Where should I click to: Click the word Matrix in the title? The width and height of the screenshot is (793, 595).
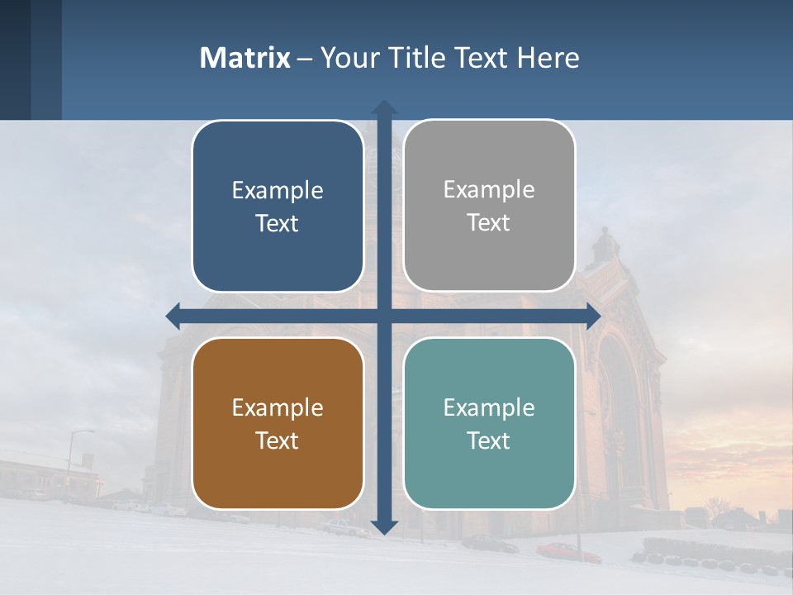(245, 58)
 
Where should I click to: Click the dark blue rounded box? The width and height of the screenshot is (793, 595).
(278, 206)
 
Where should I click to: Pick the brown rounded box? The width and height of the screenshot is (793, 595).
(278, 423)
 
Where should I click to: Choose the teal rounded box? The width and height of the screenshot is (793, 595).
(489, 423)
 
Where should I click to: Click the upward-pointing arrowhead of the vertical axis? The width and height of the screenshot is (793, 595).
(383, 107)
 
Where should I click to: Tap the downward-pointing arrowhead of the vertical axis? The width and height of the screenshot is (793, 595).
(383, 527)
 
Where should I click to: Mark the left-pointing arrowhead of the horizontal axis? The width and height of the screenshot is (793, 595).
(173, 316)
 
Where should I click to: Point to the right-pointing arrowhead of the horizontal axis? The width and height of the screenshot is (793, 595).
(593, 316)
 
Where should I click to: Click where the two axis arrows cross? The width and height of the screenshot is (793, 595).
(383, 316)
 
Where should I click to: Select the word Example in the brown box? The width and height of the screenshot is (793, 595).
(278, 407)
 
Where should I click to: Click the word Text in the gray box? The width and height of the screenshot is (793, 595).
(489, 222)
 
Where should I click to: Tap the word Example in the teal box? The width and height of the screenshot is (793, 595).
(489, 407)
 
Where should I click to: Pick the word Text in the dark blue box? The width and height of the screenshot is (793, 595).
(278, 223)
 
